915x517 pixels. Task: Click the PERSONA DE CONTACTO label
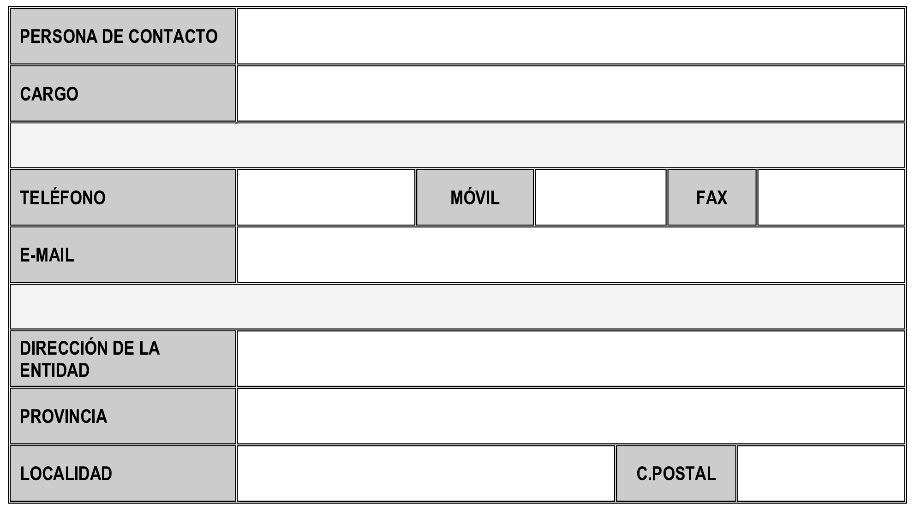pyautogui.click(x=119, y=36)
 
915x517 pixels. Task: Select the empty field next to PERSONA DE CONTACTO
pyautogui.click(x=571, y=36)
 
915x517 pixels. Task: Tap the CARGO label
pyautogui.click(x=49, y=94)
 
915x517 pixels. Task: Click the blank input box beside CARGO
pyautogui.click(x=571, y=94)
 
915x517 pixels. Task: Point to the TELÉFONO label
pyautogui.click(x=63, y=197)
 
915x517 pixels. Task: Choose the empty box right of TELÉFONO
pyautogui.click(x=326, y=197)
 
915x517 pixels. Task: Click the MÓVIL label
pyautogui.click(x=475, y=197)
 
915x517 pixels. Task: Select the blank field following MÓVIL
pyautogui.click(x=600, y=197)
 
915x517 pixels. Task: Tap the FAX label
pyautogui.click(x=712, y=198)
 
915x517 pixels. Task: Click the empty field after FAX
pyautogui.click(x=831, y=197)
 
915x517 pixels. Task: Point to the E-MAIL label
pyautogui.click(x=47, y=255)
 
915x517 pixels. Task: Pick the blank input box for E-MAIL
pyautogui.click(x=571, y=255)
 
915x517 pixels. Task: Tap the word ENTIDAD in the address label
pyautogui.click(x=54, y=370)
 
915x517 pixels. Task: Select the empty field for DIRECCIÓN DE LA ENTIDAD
pyautogui.click(x=571, y=358)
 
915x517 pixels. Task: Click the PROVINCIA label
pyautogui.click(x=63, y=416)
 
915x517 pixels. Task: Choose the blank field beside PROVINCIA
pyautogui.click(x=571, y=416)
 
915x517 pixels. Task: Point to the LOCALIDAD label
pyautogui.click(x=66, y=474)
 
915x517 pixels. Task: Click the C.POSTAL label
pyautogui.click(x=676, y=474)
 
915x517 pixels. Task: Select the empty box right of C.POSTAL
pyautogui.click(x=821, y=473)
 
